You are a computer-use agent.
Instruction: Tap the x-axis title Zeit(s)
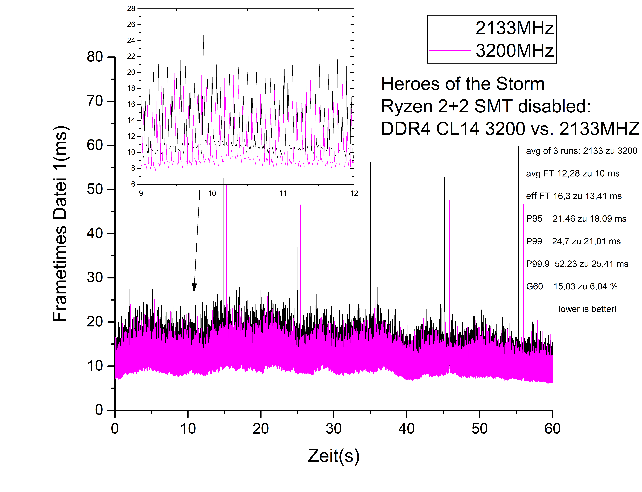(333, 456)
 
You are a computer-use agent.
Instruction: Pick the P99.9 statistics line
(577, 264)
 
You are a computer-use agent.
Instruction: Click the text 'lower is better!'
(587, 309)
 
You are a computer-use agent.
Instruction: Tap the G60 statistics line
(571, 286)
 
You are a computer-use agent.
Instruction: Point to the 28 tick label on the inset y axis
(131, 9)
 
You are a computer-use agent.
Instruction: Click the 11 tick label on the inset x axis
(283, 193)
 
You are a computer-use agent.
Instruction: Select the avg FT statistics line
(572, 173)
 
